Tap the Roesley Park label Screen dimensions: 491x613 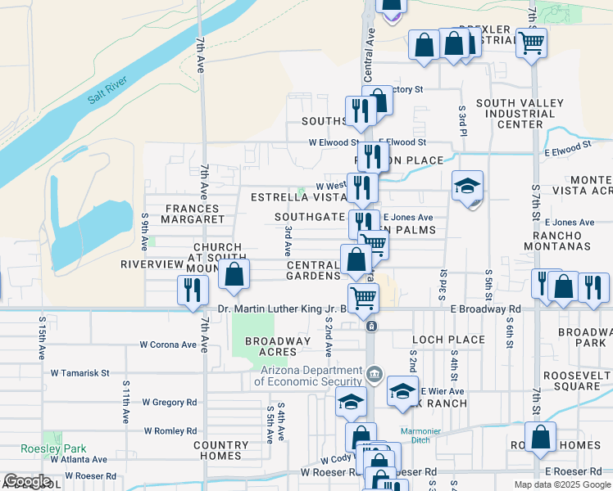point(64,448)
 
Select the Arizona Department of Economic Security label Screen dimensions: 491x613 point(308,376)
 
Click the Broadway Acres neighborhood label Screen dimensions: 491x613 point(278,346)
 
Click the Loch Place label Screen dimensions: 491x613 point(449,339)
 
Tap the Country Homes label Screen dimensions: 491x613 point(221,450)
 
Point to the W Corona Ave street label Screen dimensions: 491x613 point(169,345)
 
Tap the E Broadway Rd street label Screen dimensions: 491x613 point(485,309)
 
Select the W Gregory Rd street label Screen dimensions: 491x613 point(169,402)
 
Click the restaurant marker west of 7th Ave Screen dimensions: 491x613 point(193,291)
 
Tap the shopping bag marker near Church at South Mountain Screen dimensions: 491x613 point(234,275)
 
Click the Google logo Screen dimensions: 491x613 point(27,481)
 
